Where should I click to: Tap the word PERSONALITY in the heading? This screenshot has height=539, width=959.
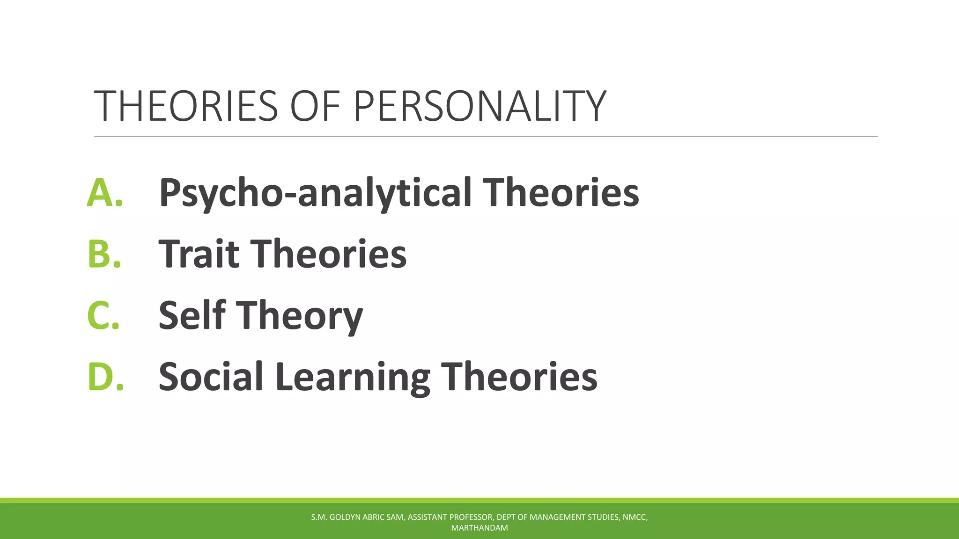(x=479, y=106)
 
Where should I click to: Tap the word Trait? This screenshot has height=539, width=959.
(x=199, y=254)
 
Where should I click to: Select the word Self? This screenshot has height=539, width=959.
(x=192, y=315)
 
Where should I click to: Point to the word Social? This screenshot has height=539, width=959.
(x=211, y=377)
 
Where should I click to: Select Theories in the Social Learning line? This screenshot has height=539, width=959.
(x=519, y=377)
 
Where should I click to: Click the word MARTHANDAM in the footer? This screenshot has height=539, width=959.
(x=479, y=528)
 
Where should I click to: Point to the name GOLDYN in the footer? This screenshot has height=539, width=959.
(x=345, y=517)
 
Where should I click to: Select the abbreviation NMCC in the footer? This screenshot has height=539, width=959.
(x=634, y=517)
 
